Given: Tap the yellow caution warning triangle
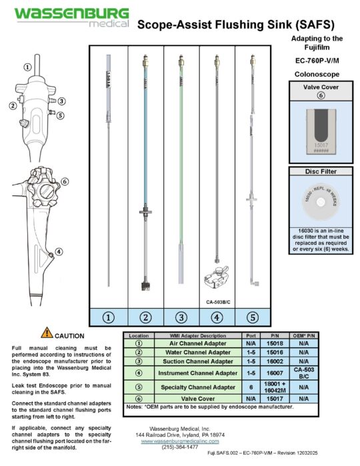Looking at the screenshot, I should point(46,333).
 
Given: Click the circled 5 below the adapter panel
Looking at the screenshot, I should point(253,317).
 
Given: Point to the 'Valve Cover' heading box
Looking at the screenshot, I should point(320,87).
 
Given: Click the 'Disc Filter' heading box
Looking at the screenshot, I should point(320,172).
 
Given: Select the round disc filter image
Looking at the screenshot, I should point(320,201).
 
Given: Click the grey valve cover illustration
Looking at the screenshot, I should point(320,132).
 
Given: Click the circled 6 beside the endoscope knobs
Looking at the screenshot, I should point(65,181).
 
